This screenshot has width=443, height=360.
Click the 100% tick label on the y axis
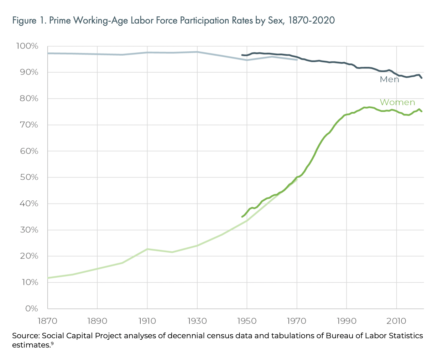[27, 46]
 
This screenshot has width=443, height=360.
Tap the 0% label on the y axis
[31, 309]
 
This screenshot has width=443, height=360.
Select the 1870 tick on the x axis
[47, 321]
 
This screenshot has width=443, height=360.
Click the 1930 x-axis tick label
[197, 321]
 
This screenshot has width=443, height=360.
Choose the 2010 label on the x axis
[396, 321]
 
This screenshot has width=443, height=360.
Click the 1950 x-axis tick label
[247, 321]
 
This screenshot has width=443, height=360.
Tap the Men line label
[389, 79]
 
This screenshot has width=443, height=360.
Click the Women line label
[397, 102]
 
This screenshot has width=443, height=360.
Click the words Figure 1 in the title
[29, 21]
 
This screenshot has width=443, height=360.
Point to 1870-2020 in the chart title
[311, 21]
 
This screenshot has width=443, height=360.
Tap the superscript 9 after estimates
[52, 343]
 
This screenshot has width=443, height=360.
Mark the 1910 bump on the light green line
[147, 249]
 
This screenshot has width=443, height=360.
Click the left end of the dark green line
[242, 217]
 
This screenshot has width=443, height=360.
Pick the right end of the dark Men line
[422, 78]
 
